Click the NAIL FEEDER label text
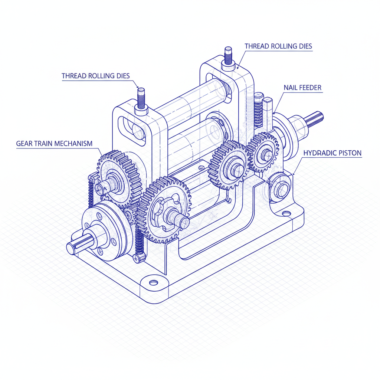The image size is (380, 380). [x=302, y=88]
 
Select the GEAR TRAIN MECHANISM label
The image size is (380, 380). [x=54, y=143]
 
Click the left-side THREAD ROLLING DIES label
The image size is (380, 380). [x=95, y=76]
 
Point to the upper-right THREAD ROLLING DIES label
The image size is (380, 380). [x=278, y=46]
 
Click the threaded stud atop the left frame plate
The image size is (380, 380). [x=141, y=98]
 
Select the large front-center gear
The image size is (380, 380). [x=163, y=210]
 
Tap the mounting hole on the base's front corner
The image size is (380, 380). [x=153, y=283]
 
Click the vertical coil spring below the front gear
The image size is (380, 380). [x=139, y=243]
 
